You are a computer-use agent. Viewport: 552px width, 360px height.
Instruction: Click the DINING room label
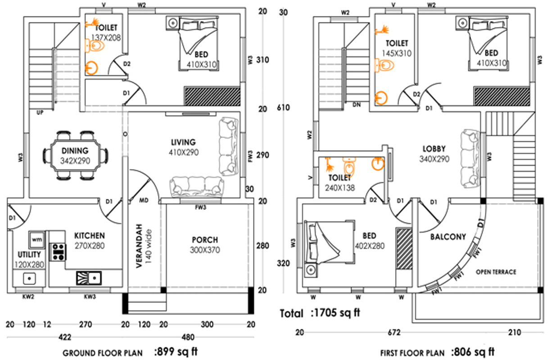[x=75, y=151]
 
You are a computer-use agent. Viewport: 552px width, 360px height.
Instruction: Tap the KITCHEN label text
[x=90, y=235]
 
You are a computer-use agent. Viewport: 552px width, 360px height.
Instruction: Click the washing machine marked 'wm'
[x=36, y=239]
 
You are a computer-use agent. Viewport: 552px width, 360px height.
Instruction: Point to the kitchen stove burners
[x=58, y=252]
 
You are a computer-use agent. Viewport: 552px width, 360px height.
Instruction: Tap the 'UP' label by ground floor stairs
[x=40, y=112]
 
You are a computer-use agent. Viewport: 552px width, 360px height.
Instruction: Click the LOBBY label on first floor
[x=434, y=149]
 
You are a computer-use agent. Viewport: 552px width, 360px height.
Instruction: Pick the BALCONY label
[x=448, y=237]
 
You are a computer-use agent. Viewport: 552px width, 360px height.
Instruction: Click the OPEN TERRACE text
[x=496, y=272]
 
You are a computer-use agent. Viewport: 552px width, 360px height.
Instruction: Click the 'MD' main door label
[x=144, y=200]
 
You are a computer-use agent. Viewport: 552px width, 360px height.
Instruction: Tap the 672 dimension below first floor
[x=394, y=333]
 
